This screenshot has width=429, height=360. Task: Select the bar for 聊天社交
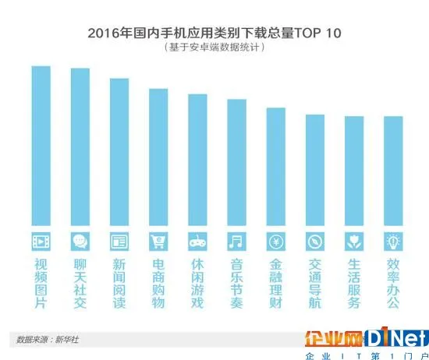click(80, 147)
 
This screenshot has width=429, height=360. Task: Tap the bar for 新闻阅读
click(119, 152)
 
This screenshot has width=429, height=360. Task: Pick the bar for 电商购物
click(158, 157)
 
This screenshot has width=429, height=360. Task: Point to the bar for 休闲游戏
click(197, 160)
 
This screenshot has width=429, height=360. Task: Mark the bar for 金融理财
click(275, 167)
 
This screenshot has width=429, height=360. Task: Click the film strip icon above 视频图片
click(41, 239)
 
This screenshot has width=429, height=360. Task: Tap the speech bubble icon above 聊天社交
click(80, 239)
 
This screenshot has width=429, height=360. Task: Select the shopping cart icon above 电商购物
click(158, 239)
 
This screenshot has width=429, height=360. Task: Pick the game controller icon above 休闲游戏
click(197, 239)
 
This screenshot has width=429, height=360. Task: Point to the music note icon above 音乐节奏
click(236, 239)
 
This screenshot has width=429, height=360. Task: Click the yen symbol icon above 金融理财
click(275, 239)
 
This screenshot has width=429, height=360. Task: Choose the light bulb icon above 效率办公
click(393, 239)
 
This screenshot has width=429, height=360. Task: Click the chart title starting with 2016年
click(212, 34)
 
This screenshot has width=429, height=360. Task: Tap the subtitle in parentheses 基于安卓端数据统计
click(212, 48)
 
